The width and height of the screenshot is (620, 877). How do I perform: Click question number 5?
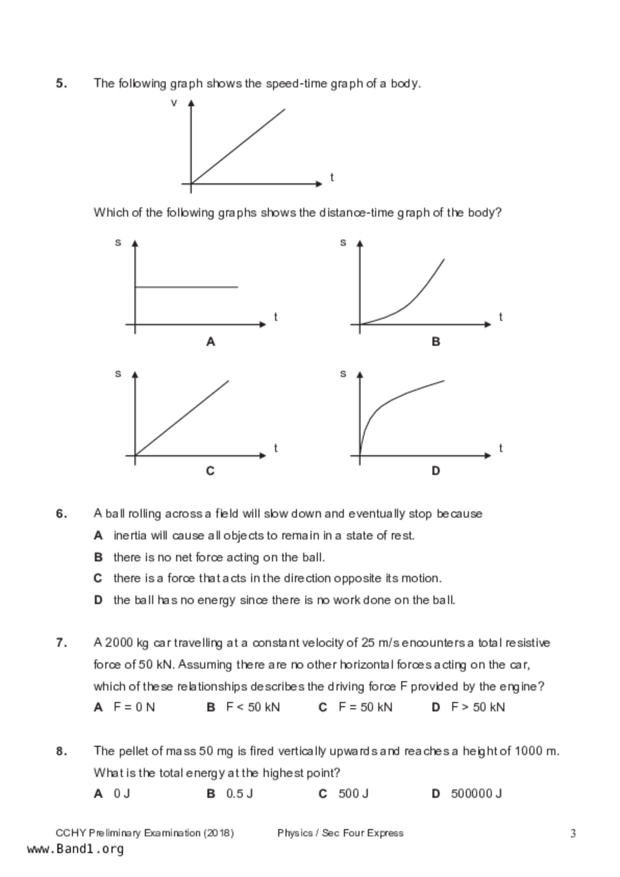click(61, 83)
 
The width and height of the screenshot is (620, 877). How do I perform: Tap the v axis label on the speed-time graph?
click(174, 103)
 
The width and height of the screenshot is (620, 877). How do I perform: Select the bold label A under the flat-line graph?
click(211, 342)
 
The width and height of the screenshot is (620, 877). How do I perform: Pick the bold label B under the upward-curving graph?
click(436, 342)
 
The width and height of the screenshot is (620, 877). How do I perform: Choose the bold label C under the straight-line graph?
click(210, 471)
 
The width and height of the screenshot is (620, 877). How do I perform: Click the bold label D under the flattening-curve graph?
click(436, 471)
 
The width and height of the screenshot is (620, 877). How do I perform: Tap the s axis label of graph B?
click(343, 242)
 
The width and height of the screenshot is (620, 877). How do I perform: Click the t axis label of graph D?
click(500, 448)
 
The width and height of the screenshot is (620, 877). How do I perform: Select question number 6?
click(61, 514)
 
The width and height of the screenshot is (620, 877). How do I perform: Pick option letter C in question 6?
click(98, 578)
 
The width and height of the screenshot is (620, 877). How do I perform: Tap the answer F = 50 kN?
click(365, 707)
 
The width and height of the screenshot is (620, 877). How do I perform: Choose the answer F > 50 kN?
click(478, 707)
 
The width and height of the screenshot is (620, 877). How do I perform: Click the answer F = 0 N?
click(134, 707)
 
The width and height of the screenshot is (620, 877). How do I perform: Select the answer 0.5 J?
click(239, 793)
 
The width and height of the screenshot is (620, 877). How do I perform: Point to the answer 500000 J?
click(476, 793)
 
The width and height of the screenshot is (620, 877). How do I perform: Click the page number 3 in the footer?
click(573, 833)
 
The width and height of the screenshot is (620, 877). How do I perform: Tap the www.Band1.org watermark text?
click(75, 849)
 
